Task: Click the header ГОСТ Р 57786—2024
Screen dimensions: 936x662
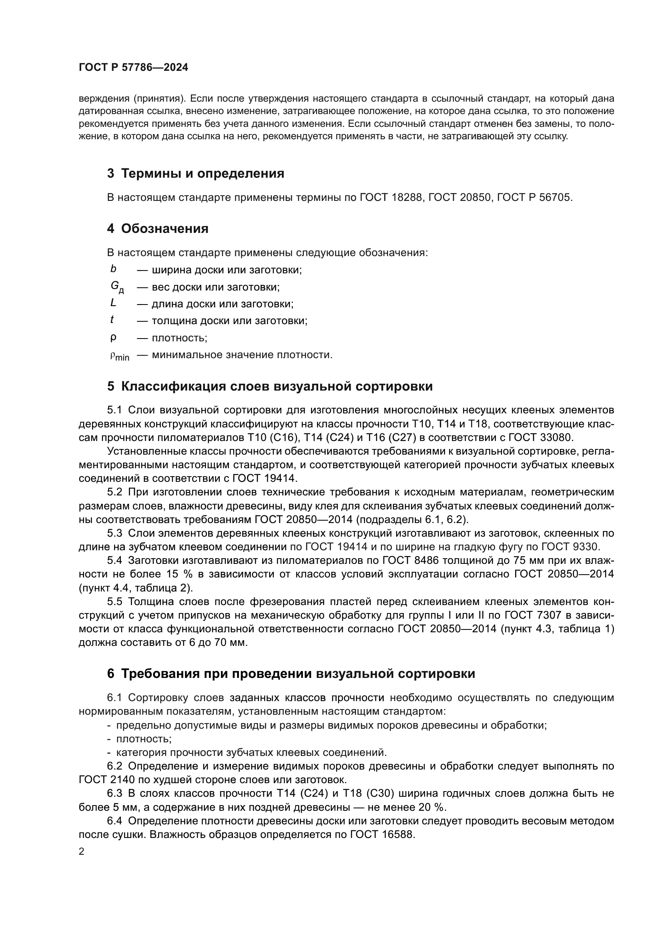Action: tap(133, 68)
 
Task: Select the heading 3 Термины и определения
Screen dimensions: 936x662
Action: tap(196, 174)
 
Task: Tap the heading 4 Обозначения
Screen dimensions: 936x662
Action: tap(158, 229)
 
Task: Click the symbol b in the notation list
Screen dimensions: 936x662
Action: tap(113, 269)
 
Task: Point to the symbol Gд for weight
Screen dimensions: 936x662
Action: tap(117, 287)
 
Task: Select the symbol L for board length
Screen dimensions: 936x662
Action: tap(113, 303)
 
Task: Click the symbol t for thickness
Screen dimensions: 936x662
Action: tap(112, 320)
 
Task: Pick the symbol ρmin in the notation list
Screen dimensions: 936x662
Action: tap(119, 356)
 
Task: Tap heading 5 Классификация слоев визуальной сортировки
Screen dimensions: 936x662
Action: tap(270, 386)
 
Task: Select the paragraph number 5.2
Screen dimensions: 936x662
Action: tap(114, 493)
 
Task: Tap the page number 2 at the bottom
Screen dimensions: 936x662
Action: tap(82, 852)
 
